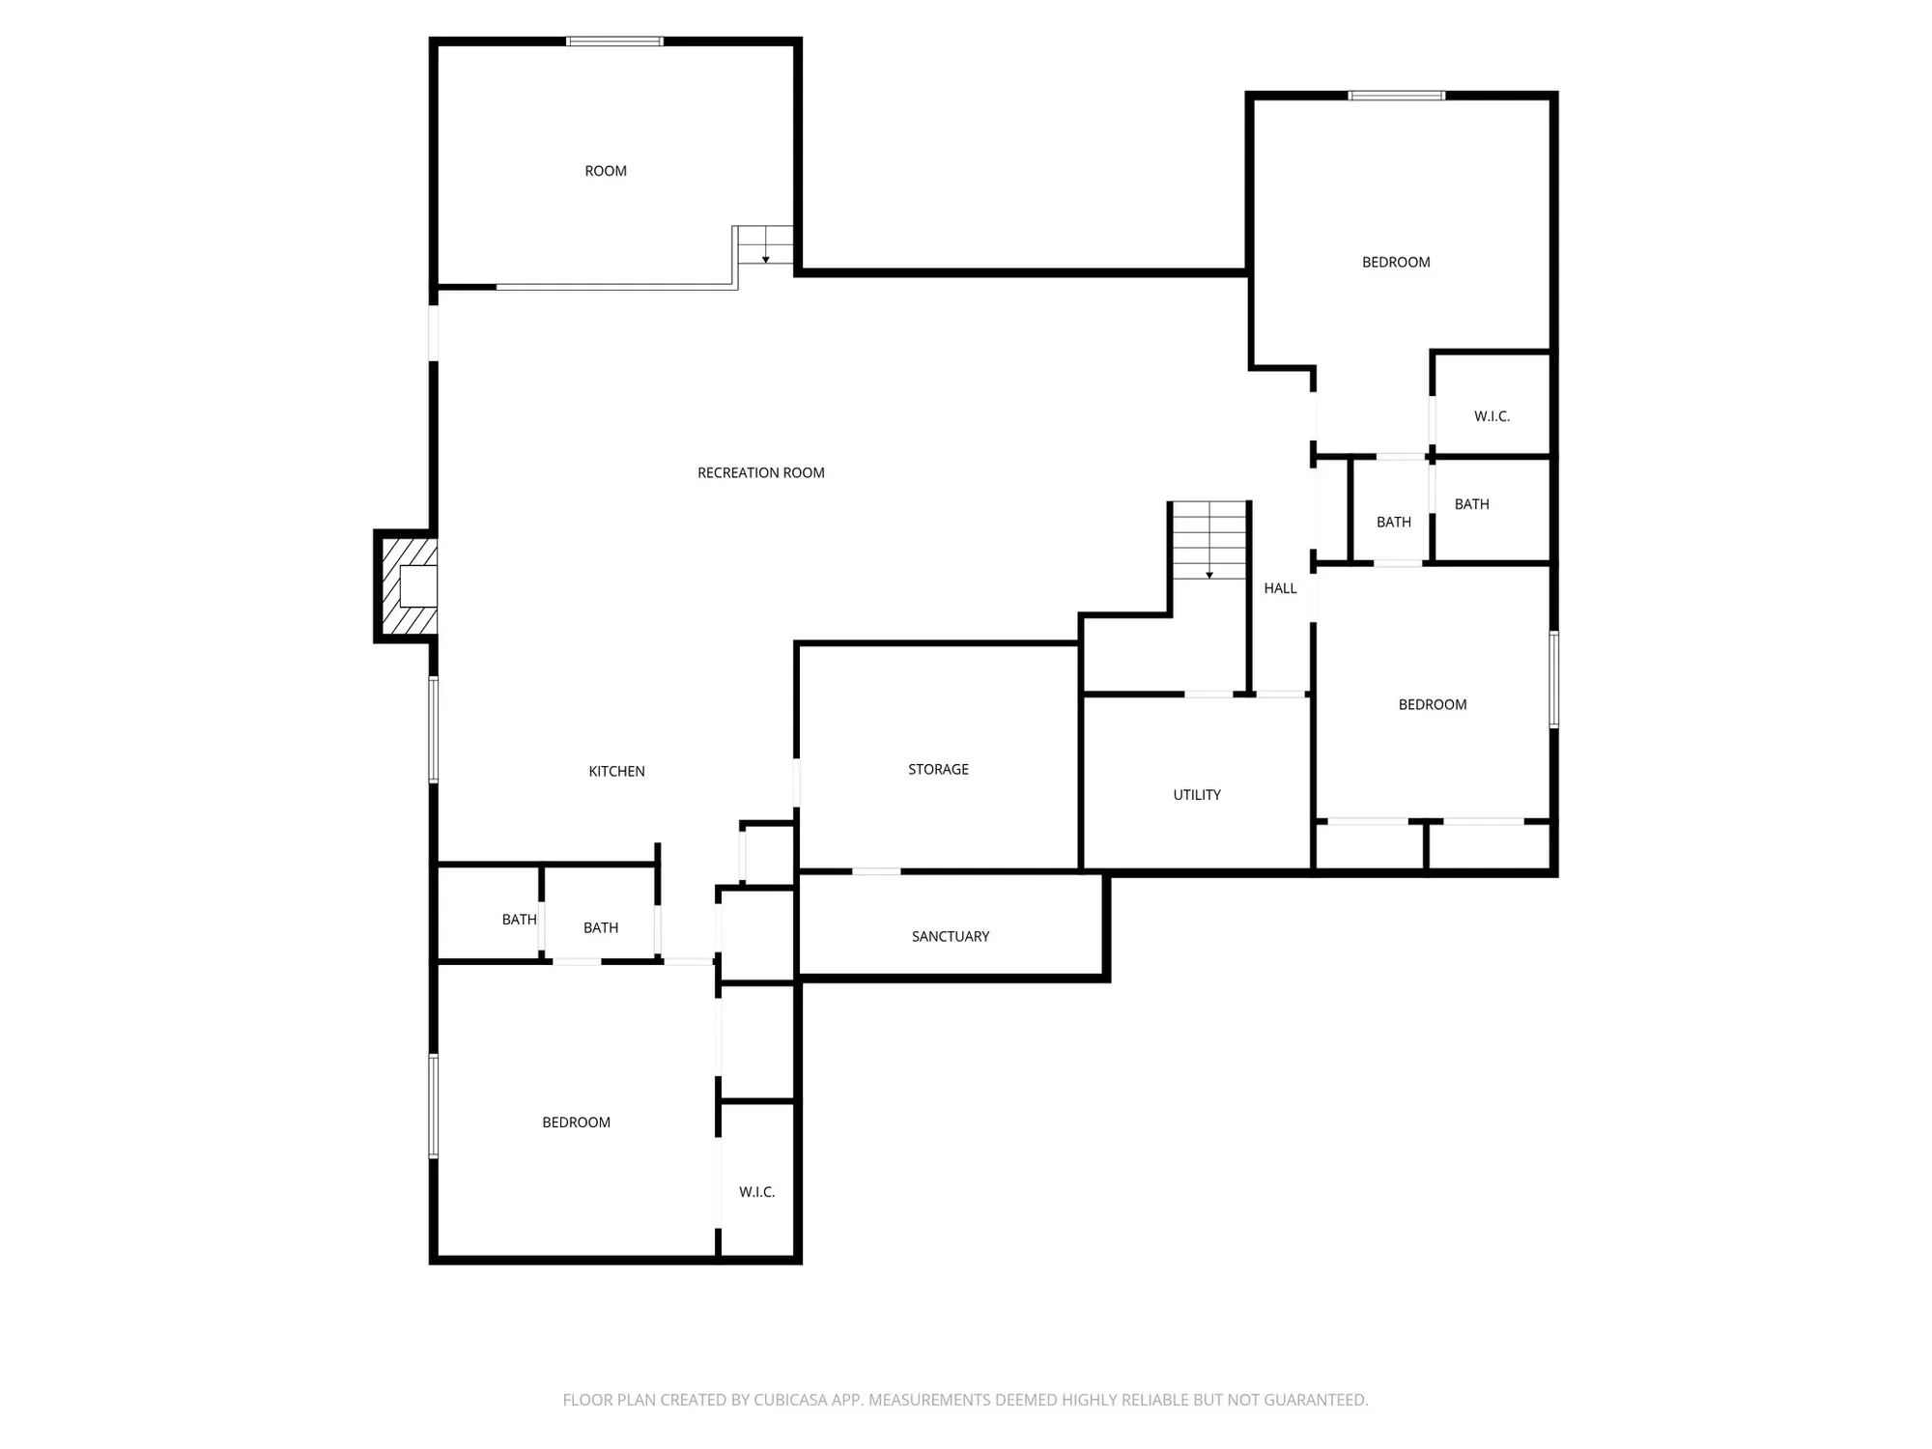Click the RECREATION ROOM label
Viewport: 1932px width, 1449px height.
pyautogui.click(x=761, y=472)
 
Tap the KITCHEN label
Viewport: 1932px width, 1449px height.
pyautogui.click(x=616, y=771)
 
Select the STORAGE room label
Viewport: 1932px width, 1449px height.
pyautogui.click(x=938, y=769)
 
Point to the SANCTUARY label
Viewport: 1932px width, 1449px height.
pyautogui.click(x=951, y=936)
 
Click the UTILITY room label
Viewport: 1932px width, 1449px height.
pyautogui.click(x=1197, y=794)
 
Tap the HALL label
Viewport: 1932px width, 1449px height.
pyautogui.click(x=1280, y=587)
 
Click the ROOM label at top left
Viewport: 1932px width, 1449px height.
pyautogui.click(x=606, y=171)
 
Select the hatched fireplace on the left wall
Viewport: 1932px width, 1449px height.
pyautogui.click(x=407, y=585)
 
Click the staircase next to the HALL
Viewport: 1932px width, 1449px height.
pyautogui.click(x=1209, y=541)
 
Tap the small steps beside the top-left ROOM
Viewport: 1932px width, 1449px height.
pyautogui.click(x=765, y=245)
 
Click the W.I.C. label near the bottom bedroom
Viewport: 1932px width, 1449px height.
pyautogui.click(x=756, y=1192)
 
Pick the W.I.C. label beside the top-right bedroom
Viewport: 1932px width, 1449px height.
pyautogui.click(x=1492, y=416)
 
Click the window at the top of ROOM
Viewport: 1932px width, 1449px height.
pyautogui.click(x=614, y=42)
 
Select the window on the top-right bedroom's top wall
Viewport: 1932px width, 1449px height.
pyautogui.click(x=1396, y=96)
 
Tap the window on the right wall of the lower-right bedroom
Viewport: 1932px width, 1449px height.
pyautogui.click(x=1553, y=679)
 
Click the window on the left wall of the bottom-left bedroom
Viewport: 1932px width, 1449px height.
pyautogui.click(x=434, y=1106)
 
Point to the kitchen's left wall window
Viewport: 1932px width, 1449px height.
pyautogui.click(x=434, y=729)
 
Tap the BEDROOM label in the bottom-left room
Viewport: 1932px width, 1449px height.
pyautogui.click(x=576, y=1122)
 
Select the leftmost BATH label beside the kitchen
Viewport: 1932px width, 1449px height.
pyautogui.click(x=519, y=920)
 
